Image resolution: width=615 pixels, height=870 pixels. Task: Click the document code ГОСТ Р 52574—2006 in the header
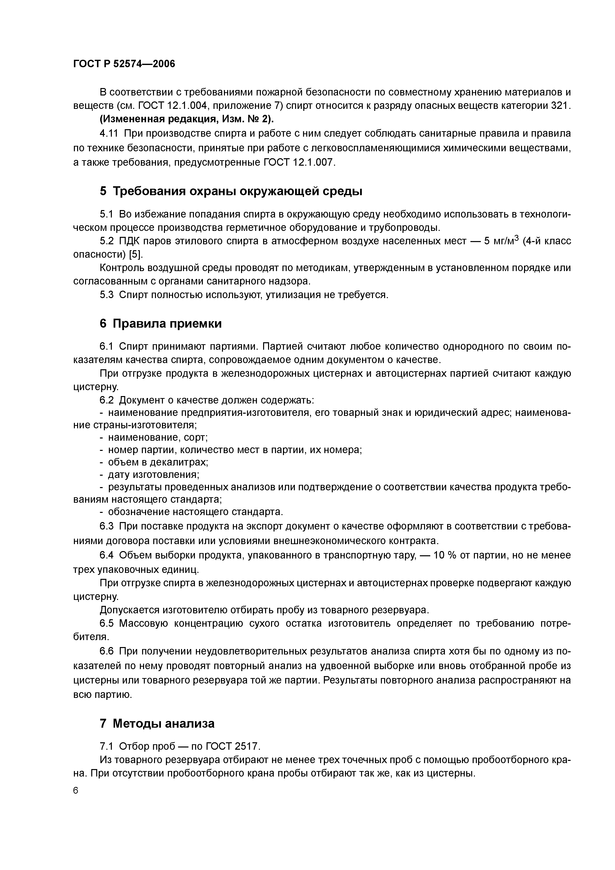[124, 64]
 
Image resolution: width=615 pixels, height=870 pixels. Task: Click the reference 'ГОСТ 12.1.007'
[299, 162]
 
